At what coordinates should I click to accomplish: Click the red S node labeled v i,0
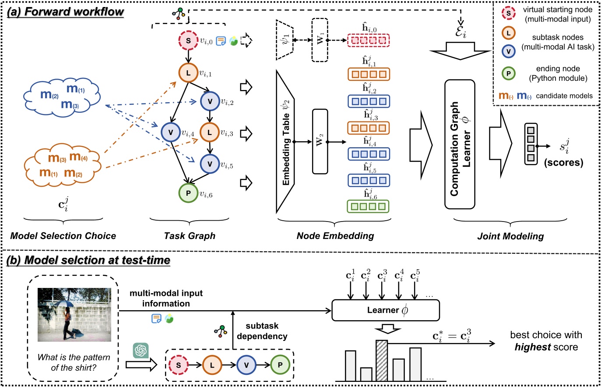click(188, 41)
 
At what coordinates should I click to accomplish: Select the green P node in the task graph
click(188, 193)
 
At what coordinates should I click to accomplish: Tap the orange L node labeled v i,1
click(188, 73)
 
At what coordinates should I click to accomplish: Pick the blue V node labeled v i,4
click(170, 132)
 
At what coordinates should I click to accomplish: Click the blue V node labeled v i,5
click(210, 163)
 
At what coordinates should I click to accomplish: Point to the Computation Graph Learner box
click(460, 144)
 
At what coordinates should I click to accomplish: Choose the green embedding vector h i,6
click(368, 206)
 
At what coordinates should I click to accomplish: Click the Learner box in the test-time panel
click(385, 310)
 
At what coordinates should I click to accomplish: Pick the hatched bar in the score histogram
click(381, 360)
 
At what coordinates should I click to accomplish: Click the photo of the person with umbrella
click(74, 315)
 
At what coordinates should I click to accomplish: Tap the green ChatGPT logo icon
click(141, 350)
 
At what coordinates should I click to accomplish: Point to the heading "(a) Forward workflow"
click(66, 11)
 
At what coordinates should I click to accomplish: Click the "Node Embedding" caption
click(335, 236)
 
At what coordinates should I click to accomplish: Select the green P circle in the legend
click(508, 73)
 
